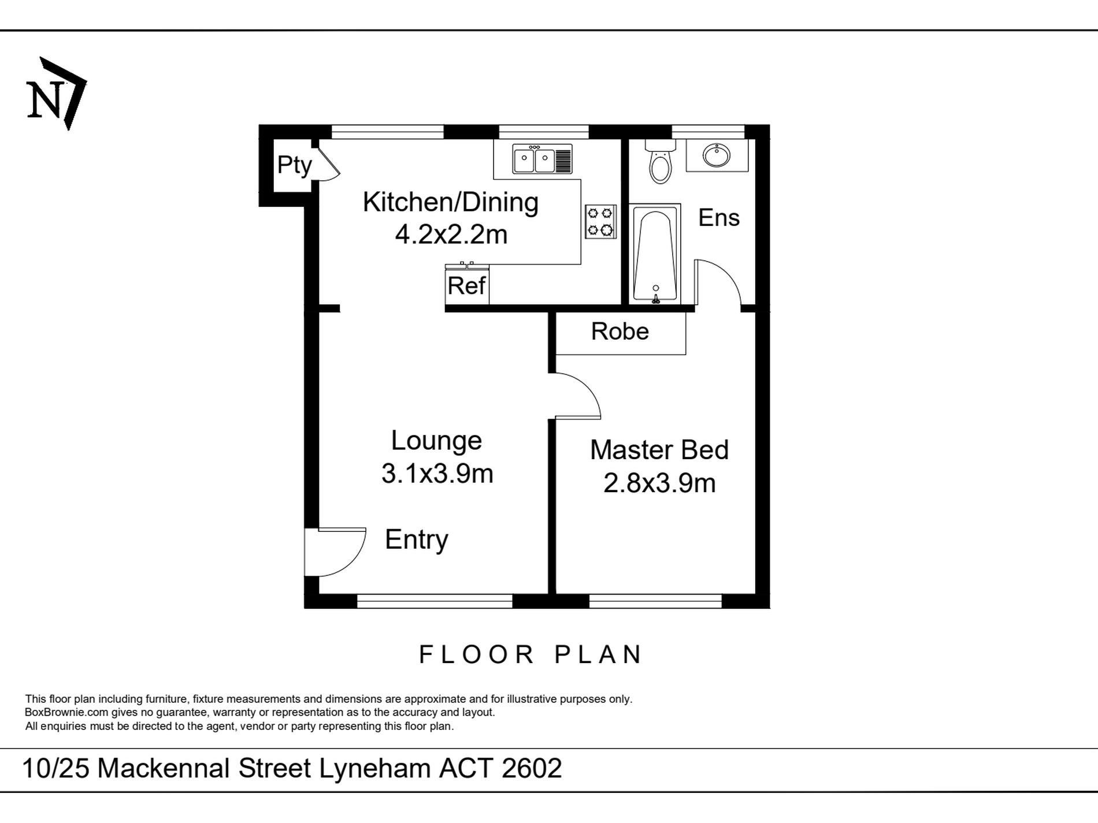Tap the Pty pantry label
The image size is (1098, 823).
click(294, 165)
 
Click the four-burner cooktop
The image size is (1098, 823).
click(600, 222)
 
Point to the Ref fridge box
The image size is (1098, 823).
click(467, 286)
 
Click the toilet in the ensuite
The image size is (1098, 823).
click(660, 160)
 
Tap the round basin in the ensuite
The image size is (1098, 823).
click(717, 155)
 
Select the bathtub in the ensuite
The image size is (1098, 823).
click(655, 254)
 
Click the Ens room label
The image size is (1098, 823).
click(719, 218)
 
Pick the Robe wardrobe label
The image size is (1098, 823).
click(620, 332)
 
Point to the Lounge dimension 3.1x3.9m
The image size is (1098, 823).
click(437, 474)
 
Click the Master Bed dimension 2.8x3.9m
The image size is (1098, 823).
click(659, 483)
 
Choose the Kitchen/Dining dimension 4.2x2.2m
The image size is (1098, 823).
click(451, 235)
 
